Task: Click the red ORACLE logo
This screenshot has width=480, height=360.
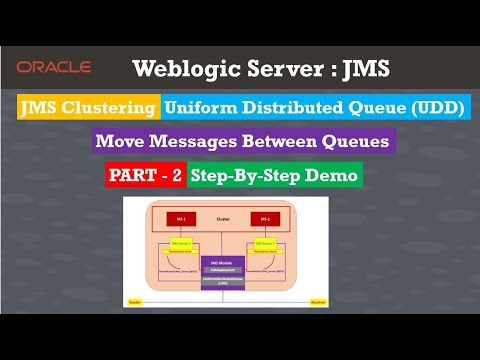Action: click(55, 67)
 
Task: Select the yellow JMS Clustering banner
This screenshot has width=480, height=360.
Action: click(87, 107)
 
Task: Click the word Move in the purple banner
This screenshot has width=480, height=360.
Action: click(121, 141)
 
